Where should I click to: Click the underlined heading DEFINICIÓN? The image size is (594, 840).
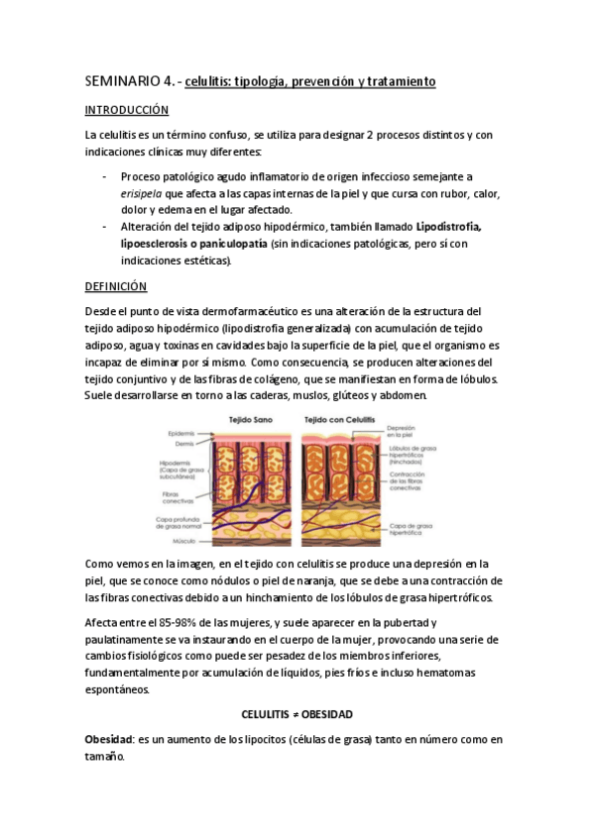coord(116,286)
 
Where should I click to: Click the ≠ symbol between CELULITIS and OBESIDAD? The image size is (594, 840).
coord(297,713)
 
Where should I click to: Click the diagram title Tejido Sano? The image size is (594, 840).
coord(245,419)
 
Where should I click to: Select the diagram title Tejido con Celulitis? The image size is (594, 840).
coord(339,419)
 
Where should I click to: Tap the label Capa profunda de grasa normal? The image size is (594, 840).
coord(178,522)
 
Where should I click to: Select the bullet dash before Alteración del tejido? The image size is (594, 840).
coord(105,226)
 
